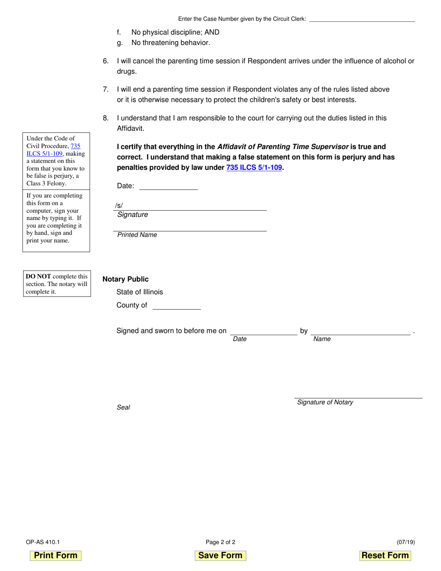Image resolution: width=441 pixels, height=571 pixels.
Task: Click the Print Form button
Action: tap(56, 555)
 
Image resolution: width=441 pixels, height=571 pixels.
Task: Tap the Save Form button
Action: tap(220, 555)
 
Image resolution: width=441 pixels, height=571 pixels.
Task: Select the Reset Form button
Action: tap(385, 555)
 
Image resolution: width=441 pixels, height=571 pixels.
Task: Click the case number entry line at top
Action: tap(362, 19)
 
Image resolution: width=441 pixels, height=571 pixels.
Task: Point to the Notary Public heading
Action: tap(125, 279)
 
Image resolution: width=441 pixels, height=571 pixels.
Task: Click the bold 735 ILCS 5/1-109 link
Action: tap(254, 168)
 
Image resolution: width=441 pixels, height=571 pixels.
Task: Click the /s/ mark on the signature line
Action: tap(119, 206)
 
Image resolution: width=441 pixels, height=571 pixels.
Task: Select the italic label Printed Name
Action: tap(137, 235)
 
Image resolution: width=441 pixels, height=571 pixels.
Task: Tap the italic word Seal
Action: tap(123, 407)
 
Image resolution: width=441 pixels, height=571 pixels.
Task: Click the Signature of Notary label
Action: tap(325, 402)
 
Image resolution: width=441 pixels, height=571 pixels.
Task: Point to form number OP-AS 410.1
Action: tap(43, 542)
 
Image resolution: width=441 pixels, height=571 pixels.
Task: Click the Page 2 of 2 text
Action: tap(220, 542)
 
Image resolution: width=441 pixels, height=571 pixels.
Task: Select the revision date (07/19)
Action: tap(406, 542)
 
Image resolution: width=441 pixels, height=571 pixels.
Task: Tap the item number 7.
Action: tap(106, 89)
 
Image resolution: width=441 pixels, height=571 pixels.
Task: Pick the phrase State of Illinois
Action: tap(140, 292)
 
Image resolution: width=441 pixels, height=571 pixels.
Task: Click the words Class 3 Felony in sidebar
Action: tap(46, 183)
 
